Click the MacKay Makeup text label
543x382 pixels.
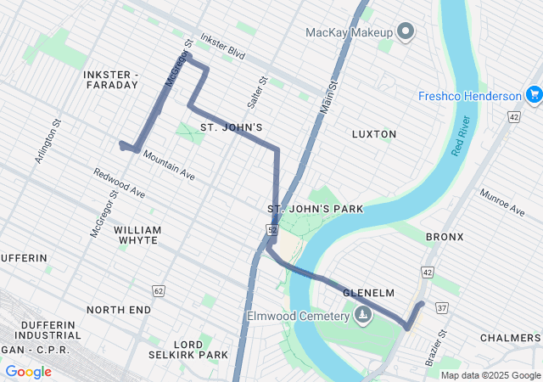[349, 33]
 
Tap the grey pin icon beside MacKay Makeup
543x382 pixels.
[406, 33]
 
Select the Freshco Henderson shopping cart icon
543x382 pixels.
[534, 95]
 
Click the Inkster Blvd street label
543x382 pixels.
[222, 45]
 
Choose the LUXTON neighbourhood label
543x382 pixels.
[373, 134]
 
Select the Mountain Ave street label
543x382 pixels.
[169, 165]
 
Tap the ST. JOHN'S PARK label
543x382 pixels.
[315, 209]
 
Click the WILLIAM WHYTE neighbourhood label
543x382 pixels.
[136, 235]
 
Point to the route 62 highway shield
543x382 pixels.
[158, 290]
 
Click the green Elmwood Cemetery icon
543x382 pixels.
[363, 317]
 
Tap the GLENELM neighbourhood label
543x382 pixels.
[369, 293]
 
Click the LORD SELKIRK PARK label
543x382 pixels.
[200, 349]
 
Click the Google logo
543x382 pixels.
[28, 372]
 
